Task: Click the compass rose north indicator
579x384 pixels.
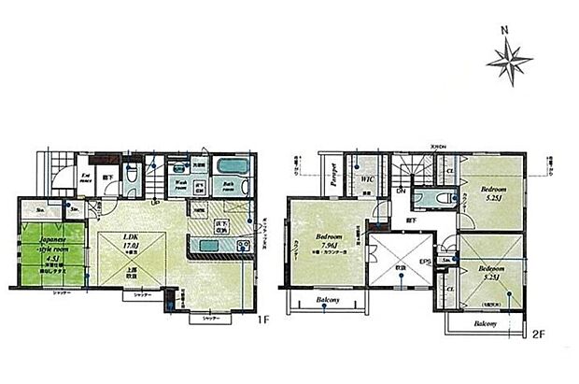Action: [x=509, y=64]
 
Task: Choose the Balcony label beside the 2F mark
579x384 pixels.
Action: [x=485, y=324]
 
